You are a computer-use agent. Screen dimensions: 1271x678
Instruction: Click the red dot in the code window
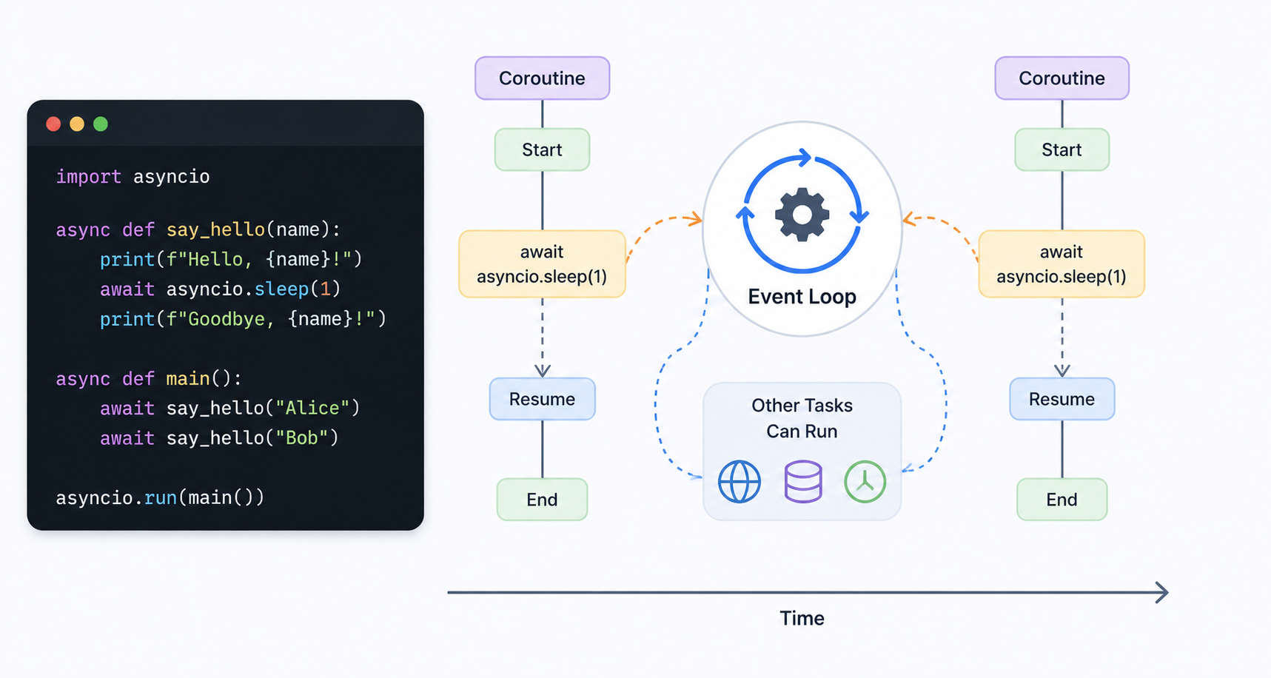click(53, 124)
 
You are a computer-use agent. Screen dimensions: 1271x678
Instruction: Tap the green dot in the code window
click(101, 124)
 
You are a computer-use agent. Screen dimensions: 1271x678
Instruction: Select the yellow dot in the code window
click(77, 124)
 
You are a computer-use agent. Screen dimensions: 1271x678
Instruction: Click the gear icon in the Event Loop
click(802, 215)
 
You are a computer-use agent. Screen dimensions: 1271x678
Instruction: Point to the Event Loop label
click(802, 296)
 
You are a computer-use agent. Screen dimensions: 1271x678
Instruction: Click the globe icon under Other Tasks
click(740, 482)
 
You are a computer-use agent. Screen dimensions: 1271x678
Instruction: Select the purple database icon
click(803, 482)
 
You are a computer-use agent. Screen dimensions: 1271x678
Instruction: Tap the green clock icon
click(865, 482)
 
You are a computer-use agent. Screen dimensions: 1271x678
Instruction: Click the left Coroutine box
click(542, 78)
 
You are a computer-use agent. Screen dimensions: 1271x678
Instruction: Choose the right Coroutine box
click(1062, 78)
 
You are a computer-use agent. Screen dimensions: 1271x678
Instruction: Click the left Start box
click(542, 150)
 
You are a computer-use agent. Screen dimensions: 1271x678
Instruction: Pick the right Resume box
click(1062, 399)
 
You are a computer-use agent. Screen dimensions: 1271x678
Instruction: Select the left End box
click(542, 500)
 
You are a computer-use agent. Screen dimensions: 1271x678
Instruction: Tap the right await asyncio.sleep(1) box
click(1062, 264)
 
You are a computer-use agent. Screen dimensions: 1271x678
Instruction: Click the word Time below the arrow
click(802, 618)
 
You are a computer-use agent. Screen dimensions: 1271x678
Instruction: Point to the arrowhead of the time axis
click(1167, 592)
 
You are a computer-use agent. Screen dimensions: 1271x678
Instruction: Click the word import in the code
click(89, 177)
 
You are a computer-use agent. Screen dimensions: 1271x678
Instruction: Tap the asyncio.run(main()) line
click(160, 497)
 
